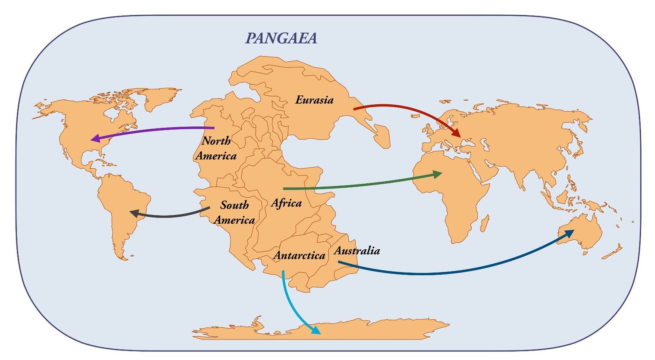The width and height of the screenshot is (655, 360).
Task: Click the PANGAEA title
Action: click(281, 38)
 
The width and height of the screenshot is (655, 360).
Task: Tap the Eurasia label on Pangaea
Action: click(314, 100)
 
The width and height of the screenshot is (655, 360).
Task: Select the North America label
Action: click(216, 148)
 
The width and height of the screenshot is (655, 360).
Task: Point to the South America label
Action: click(234, 212)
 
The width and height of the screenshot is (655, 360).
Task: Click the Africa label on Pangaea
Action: click(286, 203)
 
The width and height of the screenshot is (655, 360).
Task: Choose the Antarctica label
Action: click(299, 256)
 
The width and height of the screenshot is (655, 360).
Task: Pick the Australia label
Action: click(357, 250)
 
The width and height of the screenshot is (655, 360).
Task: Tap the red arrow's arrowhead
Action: click(456, 133)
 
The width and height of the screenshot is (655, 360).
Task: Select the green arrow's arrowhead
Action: click(438, 175)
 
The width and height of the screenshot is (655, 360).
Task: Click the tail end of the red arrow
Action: click(355, 109)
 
